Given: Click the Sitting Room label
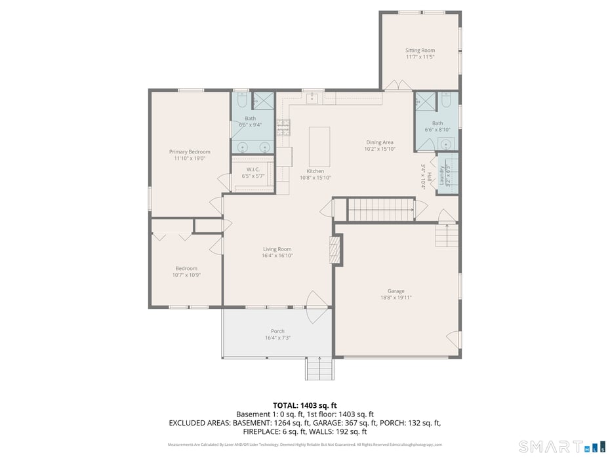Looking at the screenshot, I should pyautogui.click(x=420, y=50).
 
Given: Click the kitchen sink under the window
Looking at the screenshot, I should pyautogui.click(x=312, y=99).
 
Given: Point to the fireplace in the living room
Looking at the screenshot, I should pyautogui.click(x=335, y=250).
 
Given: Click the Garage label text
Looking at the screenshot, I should pyautogui.click(x=396, y=291).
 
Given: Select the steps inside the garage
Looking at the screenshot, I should pyautogui.click(x=446, y=235).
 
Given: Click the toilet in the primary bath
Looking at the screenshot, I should pyautogui.click(x=241, y=101).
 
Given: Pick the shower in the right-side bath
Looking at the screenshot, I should pyautogui.click(x=423, y=103).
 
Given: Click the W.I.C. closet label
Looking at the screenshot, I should pyautogui.click(x=253, y=170).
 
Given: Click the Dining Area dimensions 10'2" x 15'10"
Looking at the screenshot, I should pyautogui.click(x=379, y=149).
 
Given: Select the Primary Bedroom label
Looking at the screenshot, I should pyautogui.click(x=190, y=151).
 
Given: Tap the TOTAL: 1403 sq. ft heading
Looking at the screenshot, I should pyautogui.click(x=304, y=405).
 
